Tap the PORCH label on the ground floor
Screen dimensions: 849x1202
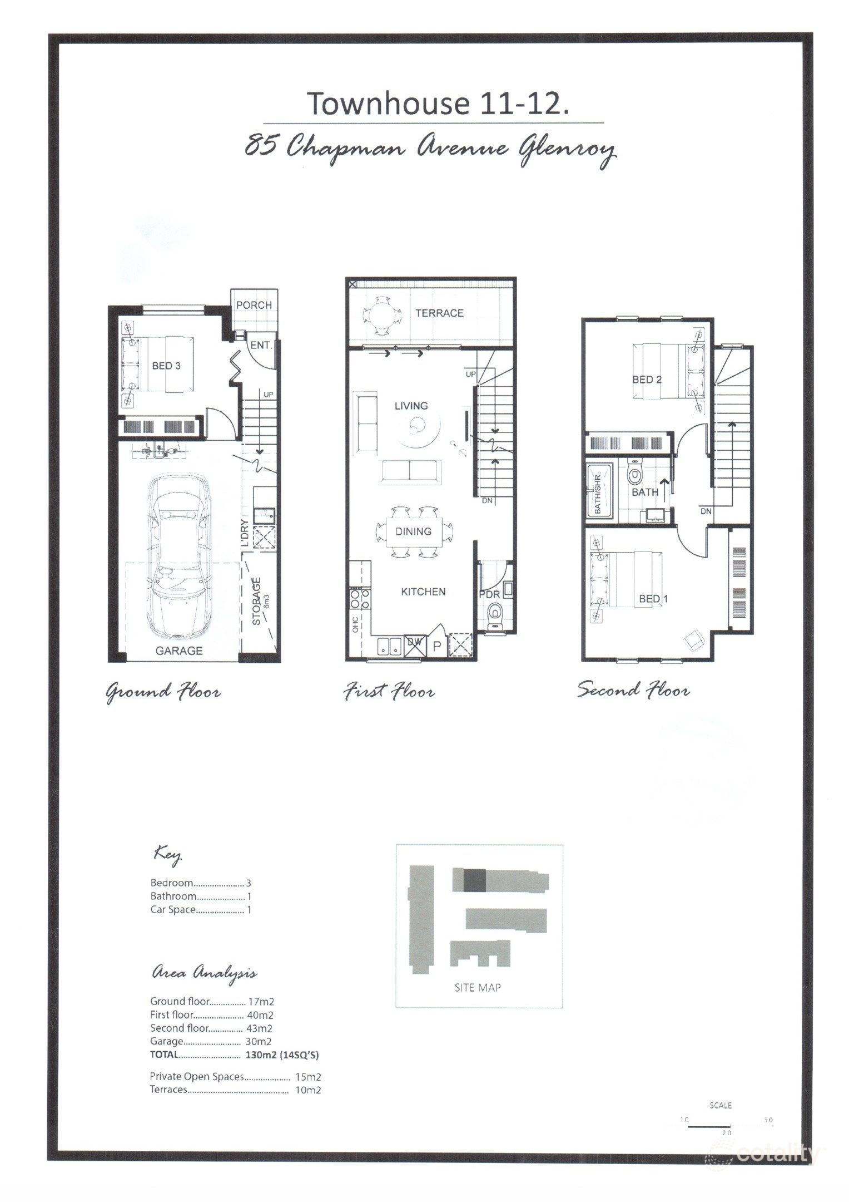254,305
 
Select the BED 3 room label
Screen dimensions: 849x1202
166,366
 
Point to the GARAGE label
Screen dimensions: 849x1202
179,650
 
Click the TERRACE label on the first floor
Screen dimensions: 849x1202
439,313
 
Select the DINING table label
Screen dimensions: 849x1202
414,531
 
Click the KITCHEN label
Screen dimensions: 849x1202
423,592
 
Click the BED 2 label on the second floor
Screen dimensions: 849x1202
647,380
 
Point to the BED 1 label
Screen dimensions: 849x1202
654,599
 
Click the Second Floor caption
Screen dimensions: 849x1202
633,690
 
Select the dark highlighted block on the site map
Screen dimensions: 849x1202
474,880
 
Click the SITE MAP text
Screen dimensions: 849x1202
478,987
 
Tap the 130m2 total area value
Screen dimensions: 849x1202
259,1055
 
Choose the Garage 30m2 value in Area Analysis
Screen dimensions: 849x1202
259,1041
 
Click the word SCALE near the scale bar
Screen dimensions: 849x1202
721,1105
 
